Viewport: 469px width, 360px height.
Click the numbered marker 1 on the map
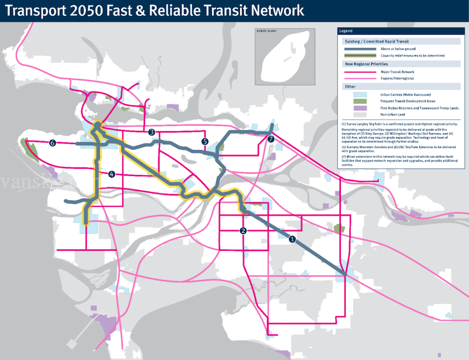tap(293, 239)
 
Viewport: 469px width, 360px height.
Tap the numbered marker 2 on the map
tap(243, 231)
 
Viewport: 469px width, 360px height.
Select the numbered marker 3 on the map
tap(151, 132)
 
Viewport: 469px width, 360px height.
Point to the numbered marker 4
tap(112, 174)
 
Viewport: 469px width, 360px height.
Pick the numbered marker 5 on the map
tap(204, 141)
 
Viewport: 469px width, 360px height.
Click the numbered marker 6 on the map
tap(53, 143)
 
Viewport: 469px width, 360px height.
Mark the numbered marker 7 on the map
tap(270, 139)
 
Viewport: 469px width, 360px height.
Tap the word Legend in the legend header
tap(346, 31)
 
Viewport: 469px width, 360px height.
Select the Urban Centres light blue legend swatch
tap(360, 94)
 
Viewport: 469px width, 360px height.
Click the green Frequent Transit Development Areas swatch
tap(360, 101)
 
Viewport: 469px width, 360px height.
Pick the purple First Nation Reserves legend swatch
tap(360, 108)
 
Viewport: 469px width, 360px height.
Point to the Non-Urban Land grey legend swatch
tap(360, 115)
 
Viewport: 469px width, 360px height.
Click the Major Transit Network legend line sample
tap(360, 72)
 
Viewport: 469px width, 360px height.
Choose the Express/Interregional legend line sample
tap(360, 78)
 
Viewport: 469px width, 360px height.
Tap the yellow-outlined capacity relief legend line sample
tap(360, 55)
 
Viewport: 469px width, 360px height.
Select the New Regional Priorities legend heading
tap(366, 64)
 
